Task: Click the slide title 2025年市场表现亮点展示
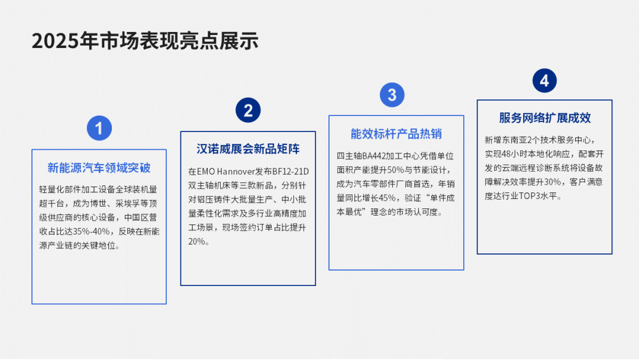[x=145, y=41]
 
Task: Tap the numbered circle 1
[x=99, y=128]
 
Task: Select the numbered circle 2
[x=248, y=110]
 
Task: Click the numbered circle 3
[x=392, y=95]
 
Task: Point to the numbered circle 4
[x=544, y=81]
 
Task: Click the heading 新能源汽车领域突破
[x=99, y=168]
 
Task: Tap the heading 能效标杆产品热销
[x=396, y=134]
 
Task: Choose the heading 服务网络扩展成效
[x=544, y=118]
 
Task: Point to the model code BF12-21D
[x=291, y=172]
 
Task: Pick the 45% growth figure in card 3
[x=390, y=198]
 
